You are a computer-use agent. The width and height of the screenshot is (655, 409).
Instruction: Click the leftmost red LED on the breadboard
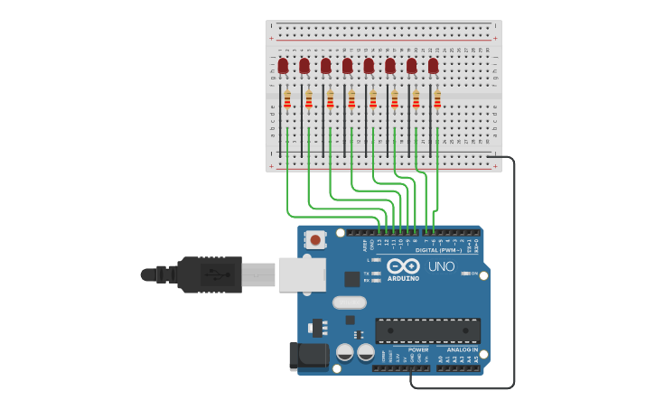pos(283,65)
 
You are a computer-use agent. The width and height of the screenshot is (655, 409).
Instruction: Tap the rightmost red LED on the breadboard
pos(433,65)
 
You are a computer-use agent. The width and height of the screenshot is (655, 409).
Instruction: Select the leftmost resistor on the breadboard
pos(287,99)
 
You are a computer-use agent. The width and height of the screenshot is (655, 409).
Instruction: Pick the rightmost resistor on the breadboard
pos(437,99)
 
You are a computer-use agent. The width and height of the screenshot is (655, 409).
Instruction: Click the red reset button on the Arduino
pos(315,239)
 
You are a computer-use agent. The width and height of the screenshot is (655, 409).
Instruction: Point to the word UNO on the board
pos(441,266)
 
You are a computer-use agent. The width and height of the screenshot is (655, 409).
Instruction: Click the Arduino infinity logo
pos(403,265)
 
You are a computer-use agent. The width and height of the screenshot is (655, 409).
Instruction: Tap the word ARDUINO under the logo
pos(404,278)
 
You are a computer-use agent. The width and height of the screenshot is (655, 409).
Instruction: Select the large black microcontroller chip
pos(427,330)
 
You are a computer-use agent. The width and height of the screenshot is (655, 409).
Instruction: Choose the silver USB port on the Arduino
pos(301,274)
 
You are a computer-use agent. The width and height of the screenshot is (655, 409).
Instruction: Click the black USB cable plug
pos(210,274)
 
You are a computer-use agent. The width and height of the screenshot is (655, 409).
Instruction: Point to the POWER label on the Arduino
pos(417,349)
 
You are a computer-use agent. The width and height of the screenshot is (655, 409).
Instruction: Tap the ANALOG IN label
pos(462,349)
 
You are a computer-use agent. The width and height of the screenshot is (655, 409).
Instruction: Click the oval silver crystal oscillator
pos(350,302)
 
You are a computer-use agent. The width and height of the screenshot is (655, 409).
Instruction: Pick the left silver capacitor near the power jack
pos(344,351)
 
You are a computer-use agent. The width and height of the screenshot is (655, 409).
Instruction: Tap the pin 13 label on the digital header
pos(379,242)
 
